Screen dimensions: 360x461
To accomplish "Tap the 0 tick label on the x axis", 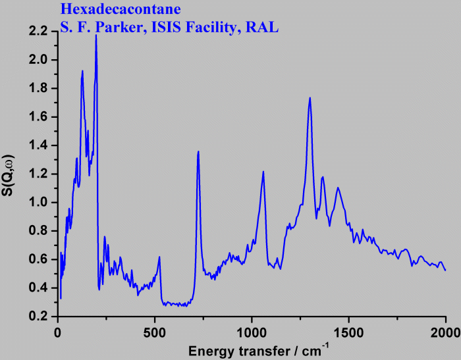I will coord(58,330).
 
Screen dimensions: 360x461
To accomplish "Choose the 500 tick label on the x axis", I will coord(155,330).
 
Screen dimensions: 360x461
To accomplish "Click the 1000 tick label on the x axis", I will coord(252,330).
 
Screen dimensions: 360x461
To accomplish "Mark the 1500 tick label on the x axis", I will coord(348,330).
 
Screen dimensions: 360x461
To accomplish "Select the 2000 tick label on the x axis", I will coord(445,330).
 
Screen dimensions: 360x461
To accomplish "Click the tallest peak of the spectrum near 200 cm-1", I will coord(96,36).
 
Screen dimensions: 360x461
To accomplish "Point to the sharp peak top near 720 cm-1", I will coord(198,152).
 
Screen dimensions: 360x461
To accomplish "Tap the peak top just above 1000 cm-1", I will coord(263,172).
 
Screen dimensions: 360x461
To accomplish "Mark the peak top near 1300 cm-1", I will coord(310,98).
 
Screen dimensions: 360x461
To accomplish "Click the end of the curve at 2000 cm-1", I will coord(445,270).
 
